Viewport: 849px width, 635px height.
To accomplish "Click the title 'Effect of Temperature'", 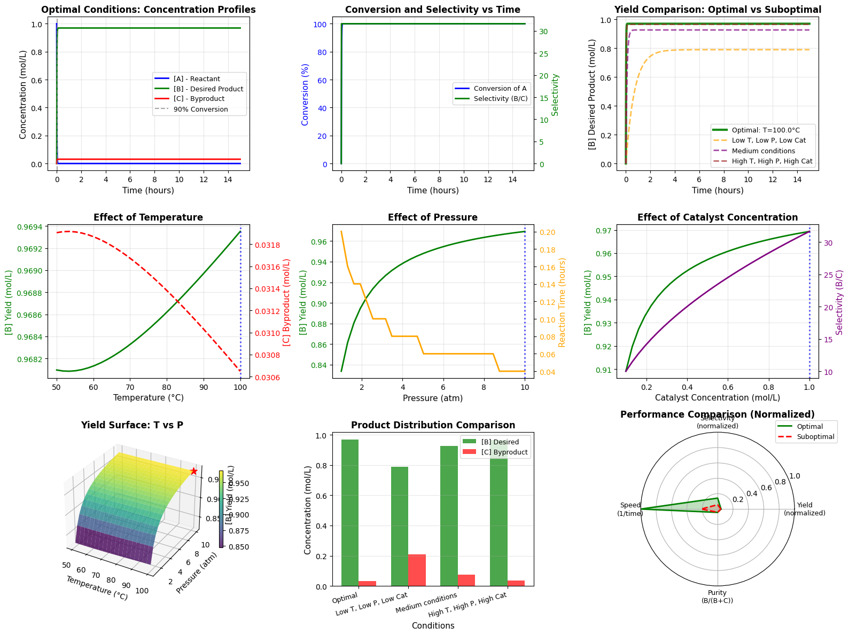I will tap(148, 217).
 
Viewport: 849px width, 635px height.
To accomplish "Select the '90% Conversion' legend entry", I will tap(200, 109).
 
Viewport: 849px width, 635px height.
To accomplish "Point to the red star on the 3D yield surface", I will tap(194, 471).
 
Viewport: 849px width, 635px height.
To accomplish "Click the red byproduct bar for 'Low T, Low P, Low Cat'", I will tap(417, 570).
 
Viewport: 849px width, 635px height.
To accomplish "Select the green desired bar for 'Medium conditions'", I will tap(449, 515).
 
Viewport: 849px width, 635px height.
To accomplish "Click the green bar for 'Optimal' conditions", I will tap(350, 513).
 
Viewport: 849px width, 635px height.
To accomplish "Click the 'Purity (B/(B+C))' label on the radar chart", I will tap(717, 597).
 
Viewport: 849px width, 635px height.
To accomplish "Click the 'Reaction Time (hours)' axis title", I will tap(562, 302).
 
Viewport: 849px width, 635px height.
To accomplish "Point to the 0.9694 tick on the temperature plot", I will tap(34, 227).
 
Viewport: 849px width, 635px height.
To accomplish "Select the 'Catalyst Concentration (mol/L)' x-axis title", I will tap(717, 398).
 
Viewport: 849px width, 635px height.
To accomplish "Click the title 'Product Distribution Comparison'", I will tap(433, 425).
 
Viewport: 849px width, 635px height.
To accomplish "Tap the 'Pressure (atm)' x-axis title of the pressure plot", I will tap(433, 398).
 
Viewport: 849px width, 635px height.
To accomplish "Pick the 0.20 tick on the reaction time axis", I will tap(539, 232).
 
